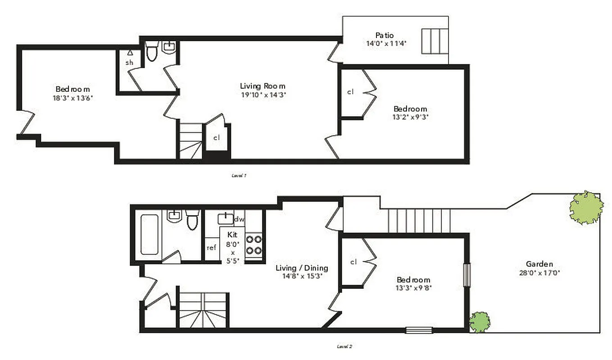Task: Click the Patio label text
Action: [385, 35]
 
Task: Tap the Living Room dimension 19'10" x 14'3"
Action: [263, 94]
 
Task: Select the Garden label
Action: [539, 264]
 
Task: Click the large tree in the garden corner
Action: [586, 207]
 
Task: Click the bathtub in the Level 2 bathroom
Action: [149, 234]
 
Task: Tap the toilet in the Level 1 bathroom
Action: [152, 52]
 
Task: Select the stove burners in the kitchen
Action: [254, 245]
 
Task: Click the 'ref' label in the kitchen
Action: [211, 247]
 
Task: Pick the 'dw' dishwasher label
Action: [239, 219]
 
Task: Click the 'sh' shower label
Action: [129, 63]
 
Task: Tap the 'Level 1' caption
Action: [239, 175]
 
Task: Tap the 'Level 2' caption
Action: [344, 346]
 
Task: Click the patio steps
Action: [435, 40]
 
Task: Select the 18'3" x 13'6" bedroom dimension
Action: [73, 98]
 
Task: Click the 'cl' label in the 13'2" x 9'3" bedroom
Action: [350, 92]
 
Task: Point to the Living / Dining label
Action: [302, 268]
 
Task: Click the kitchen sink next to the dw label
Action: [225, 219]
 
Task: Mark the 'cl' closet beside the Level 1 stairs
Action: [217, 138]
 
